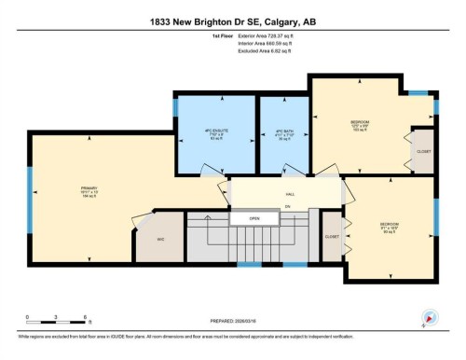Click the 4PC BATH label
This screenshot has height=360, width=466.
pos(283,132)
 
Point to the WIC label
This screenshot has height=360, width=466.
pos(160,239)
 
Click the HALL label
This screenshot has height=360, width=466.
pos(290,195)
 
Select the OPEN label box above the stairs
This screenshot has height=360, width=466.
pos(254,219)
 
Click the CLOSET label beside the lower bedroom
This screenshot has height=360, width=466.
pos(332,237)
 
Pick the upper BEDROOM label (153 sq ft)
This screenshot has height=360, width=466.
pos(360,124)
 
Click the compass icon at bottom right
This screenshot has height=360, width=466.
pos(429,316)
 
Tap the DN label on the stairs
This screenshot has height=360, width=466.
pos(288,205)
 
